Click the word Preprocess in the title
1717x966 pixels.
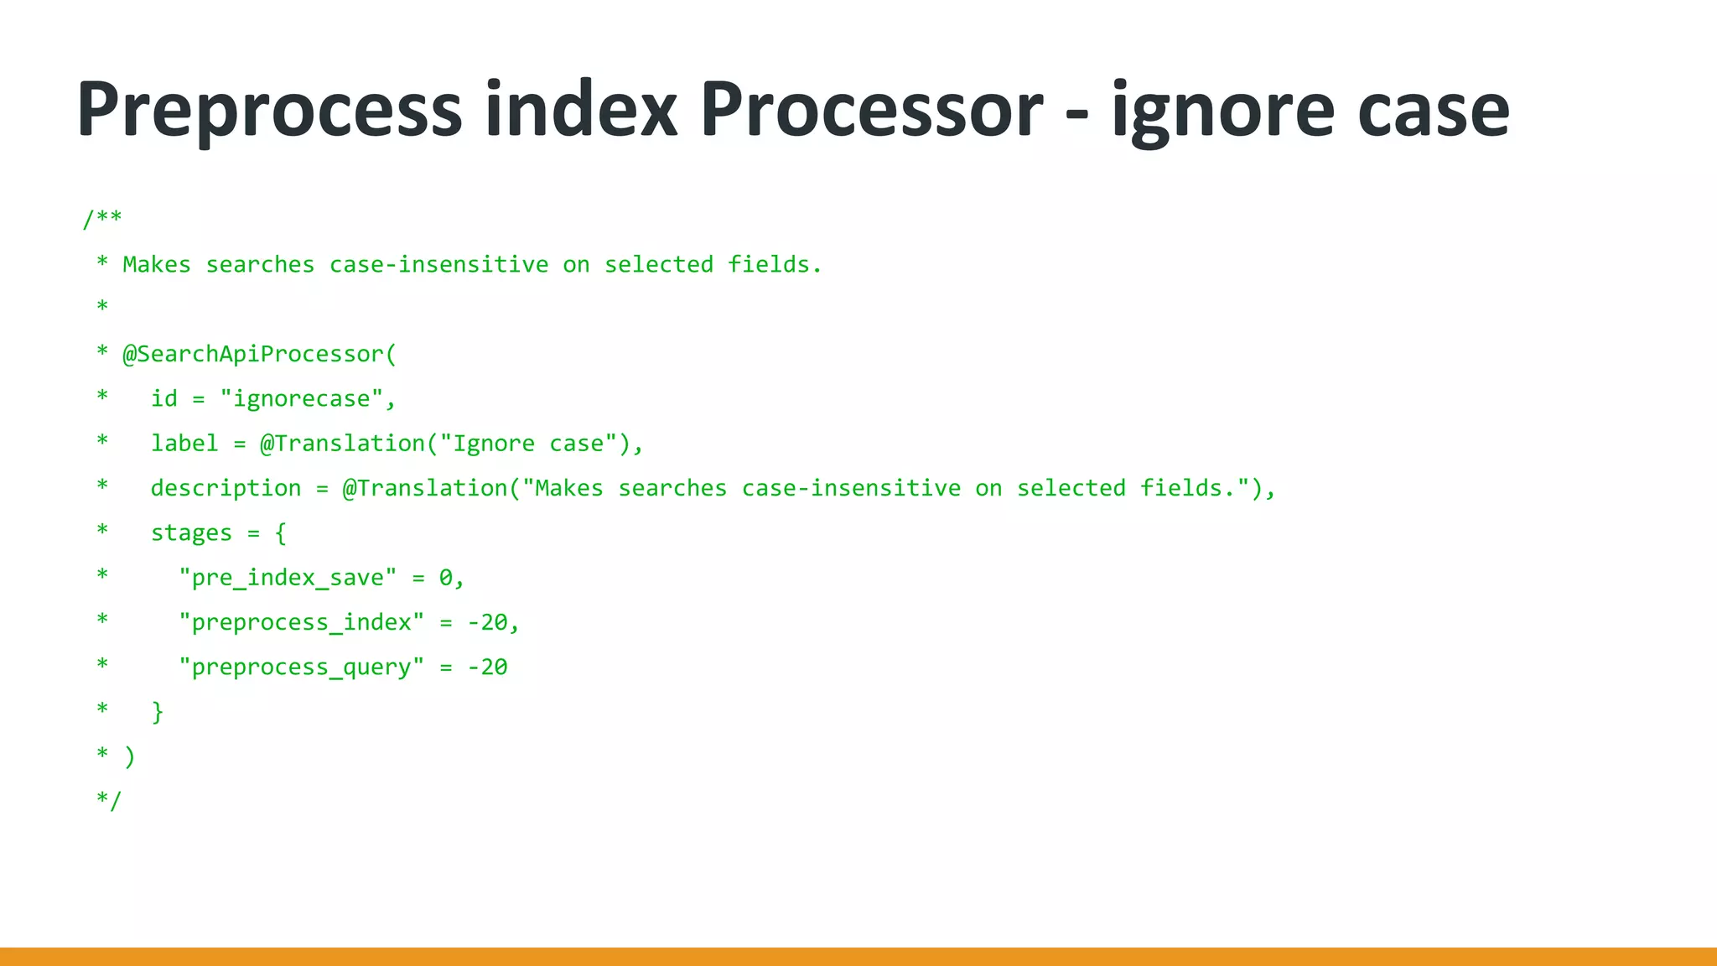coord(269,110)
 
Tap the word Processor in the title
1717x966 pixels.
coord(872,110)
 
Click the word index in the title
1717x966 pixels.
coord(581,110)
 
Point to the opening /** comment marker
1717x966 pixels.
coord(102,220)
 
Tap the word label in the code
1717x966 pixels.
coord(184,444)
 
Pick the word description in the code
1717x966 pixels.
coord(226,488)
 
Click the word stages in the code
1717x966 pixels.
coord(191,533)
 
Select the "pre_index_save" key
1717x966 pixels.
coord(288,578)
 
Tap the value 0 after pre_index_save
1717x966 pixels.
coord(446,578)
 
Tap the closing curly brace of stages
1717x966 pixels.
coord(158,712)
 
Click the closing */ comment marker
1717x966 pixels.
coord(109,801)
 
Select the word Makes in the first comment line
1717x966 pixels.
coord(157,265)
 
